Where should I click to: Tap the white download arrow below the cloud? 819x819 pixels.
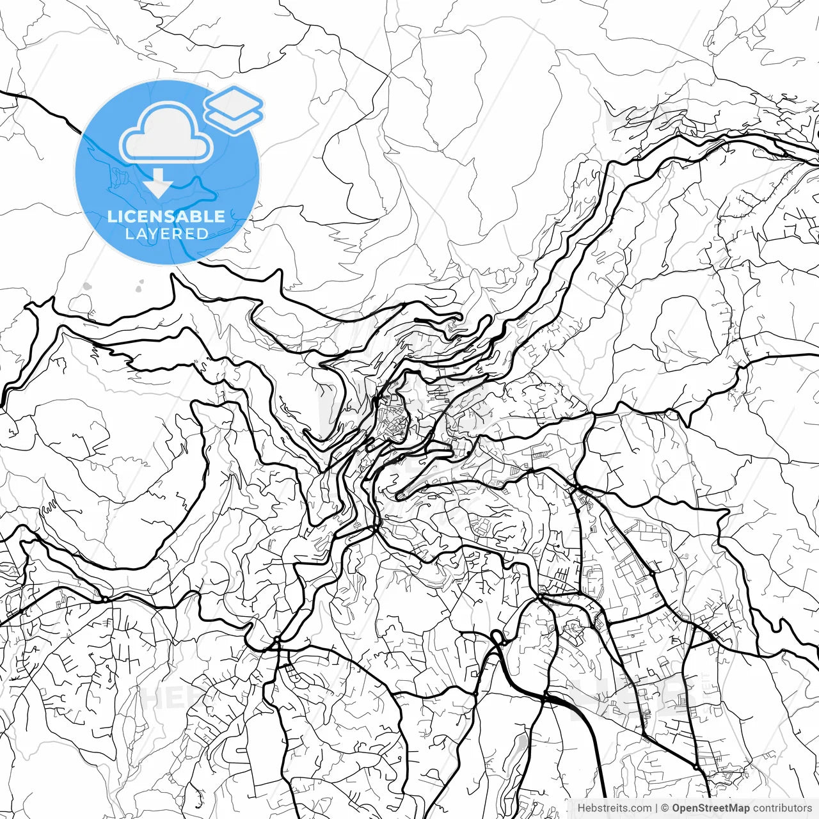(x=158, y=185)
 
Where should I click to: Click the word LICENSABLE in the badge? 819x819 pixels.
(x=166, y=216)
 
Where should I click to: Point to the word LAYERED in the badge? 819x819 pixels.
(x=166, y=234)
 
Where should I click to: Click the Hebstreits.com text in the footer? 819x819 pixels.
(x=615, y=808)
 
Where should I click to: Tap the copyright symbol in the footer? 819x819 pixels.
(x=665, y=808)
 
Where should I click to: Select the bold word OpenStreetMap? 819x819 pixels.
(x=711, y=808)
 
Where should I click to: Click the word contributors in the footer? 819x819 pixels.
(x=783, y=808)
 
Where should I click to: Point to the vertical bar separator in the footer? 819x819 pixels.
(x=657, y=808)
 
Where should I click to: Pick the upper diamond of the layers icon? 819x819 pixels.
(x=234, y=101)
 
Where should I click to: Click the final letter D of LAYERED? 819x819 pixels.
(x=203, y=234)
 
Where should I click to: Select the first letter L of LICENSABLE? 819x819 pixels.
(x=112, y=216)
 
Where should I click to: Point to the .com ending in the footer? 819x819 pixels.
(x=640, y=808)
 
